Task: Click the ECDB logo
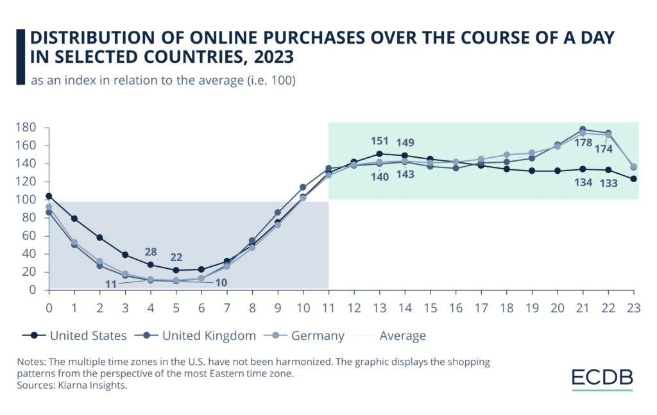(x=602, y=377)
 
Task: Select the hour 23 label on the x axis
(x=634, y=306)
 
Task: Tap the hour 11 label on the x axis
(x=328, y=306)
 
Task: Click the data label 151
(x=380, y=140)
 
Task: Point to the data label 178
(x=583, y=142)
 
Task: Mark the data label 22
(x=176, y=257)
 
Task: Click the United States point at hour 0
(x=49, y=196)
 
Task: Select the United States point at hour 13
(x=380, y=154)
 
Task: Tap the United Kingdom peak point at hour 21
(x=583, y=130)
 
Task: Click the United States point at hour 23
(x=634, y=179)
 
